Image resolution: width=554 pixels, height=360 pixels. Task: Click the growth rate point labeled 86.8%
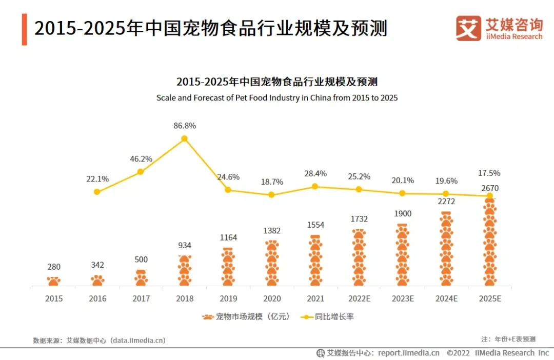coord(185,138)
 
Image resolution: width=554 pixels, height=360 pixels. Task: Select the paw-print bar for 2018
coord(185,270)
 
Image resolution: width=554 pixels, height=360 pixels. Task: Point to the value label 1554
coord(315,225)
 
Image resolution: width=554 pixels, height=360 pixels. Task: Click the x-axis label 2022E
coord(359,298)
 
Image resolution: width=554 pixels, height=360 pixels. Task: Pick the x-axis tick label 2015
coord(54,298)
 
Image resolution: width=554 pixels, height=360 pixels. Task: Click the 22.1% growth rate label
coord(97,179)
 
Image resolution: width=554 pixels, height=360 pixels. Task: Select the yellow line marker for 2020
coord(272,195)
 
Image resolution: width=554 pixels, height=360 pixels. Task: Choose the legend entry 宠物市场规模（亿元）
coord(247,317)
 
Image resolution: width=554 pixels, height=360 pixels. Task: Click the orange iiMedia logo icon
coord(468,28)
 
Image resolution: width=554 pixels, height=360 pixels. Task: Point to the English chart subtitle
coord(277,97)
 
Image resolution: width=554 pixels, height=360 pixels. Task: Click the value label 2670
coord(490,188)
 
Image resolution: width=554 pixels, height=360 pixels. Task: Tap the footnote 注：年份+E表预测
coord(508,339)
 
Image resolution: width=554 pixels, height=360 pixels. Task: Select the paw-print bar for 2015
coord(54,281)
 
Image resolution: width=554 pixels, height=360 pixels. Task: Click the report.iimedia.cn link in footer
coord(408,353)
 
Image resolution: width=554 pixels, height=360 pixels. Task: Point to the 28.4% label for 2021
coord(315,173)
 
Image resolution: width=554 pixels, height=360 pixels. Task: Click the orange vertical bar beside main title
coord(24,29)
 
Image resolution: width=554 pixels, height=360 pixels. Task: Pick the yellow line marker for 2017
coord(141,172)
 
